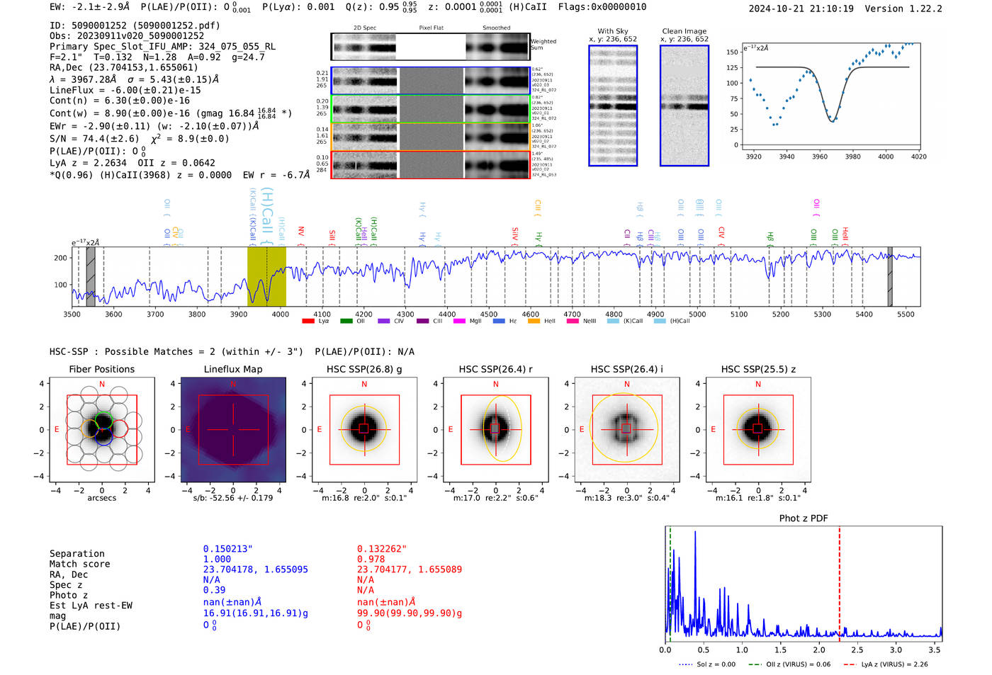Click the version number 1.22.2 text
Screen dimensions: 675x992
[x=922, y=8]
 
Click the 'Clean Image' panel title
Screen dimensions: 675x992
[x=684, y=31]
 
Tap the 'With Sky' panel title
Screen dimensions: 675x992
[x=613, y=31]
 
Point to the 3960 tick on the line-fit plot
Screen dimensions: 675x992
[x=820, y=157]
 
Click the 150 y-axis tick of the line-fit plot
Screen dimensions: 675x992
[x=732, y=52]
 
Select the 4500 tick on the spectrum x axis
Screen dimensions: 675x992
[x=489, y=314]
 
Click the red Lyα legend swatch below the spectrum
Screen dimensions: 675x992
[x=308, y=321]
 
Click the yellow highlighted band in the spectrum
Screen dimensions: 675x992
[x=266, y=276]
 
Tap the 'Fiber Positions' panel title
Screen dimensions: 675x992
[x=101, y=369]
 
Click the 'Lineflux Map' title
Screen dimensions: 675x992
[x=233, y=369]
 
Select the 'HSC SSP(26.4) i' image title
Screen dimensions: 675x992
[x=626, y=369]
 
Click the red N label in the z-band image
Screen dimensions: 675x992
[x=758, y=384]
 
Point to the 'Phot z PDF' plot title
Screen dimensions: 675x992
[x=804, y=518]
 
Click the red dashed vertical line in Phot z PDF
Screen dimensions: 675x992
[x=839, y=581]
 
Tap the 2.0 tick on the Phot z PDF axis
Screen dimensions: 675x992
[x=819, y=650]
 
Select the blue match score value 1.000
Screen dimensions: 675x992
[x=217, y=559]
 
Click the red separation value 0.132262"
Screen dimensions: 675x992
[x=382, y=549]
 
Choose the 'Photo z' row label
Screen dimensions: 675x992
[x=69, y=595]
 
